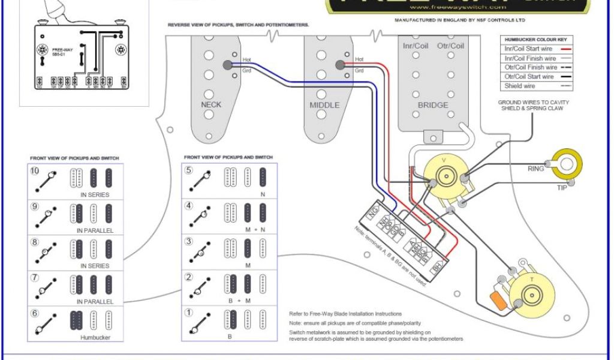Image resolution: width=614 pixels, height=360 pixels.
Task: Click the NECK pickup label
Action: point(210,104)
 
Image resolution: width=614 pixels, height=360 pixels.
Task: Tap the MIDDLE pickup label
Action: point(324,105)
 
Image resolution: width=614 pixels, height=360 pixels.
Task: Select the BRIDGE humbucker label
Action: point(433,105)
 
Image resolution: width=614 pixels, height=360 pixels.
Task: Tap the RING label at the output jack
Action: point(535,169)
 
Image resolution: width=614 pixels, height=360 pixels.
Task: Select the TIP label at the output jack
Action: point(562,188)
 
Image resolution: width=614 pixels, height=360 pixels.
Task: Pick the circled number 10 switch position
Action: point(35,170)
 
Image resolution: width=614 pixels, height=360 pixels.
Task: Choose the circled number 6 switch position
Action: point(35,313)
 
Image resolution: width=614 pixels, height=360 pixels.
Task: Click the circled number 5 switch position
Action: point(189,170)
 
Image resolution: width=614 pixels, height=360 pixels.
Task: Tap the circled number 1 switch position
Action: point(189,313)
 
